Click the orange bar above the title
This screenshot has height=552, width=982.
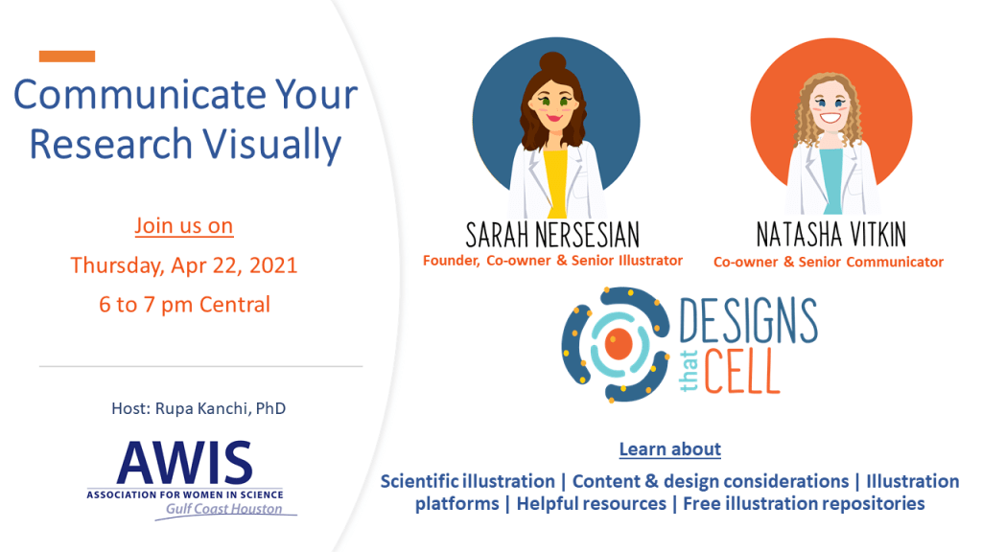point(67,57)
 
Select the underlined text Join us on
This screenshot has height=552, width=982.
point(184,226)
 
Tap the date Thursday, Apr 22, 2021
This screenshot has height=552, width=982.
point(184,265)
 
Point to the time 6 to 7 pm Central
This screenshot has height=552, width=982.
point(184,305)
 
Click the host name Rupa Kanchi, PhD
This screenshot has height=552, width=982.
point(199,408)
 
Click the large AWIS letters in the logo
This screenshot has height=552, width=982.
point(184,465)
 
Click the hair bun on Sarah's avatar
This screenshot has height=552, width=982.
point(555,62)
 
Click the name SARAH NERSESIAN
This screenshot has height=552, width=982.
point(552,235)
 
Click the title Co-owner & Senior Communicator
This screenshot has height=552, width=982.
point(829,262)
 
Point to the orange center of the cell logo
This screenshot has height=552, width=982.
point(620,342)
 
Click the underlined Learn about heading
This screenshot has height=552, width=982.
point(669,448)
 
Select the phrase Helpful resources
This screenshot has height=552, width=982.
point(591,504)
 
